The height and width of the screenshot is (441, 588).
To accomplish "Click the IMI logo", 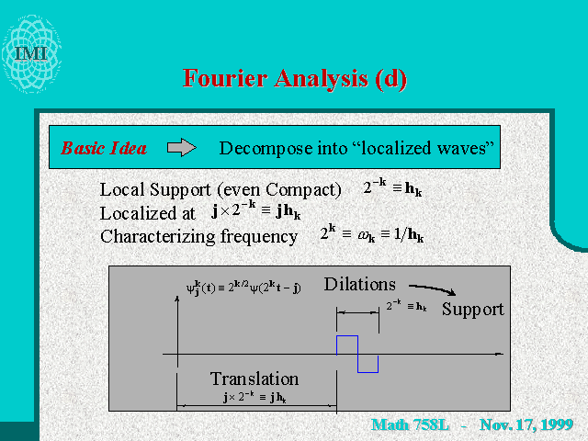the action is tap(31, 53).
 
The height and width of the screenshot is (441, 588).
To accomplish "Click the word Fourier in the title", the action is tap(224, 78).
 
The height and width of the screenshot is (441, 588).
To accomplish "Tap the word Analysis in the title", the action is tap(321, 79).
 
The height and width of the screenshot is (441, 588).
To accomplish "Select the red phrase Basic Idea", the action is tap(104, 148).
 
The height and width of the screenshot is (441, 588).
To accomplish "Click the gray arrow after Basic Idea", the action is tap(182, 147).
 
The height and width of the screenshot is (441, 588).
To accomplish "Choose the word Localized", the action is tap(147, 213).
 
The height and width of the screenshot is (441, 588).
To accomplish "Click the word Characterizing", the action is tap(157, 237).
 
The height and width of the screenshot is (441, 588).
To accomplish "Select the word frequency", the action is tap(259, 237).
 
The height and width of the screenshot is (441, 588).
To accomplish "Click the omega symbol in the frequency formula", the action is tap(366, 235).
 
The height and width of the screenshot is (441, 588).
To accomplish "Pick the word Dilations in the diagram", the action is tap(359, 284).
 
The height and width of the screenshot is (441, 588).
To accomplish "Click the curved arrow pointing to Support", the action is tap(432, 288).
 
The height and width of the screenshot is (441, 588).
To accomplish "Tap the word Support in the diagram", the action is tap(472, 310).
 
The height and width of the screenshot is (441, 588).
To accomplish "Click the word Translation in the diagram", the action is tap(254, 379).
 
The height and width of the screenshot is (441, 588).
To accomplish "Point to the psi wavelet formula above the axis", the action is tap(243, 288).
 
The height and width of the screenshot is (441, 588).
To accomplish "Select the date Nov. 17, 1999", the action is tap(526, 424).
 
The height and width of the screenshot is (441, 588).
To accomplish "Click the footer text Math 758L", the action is tap(410, 424).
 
